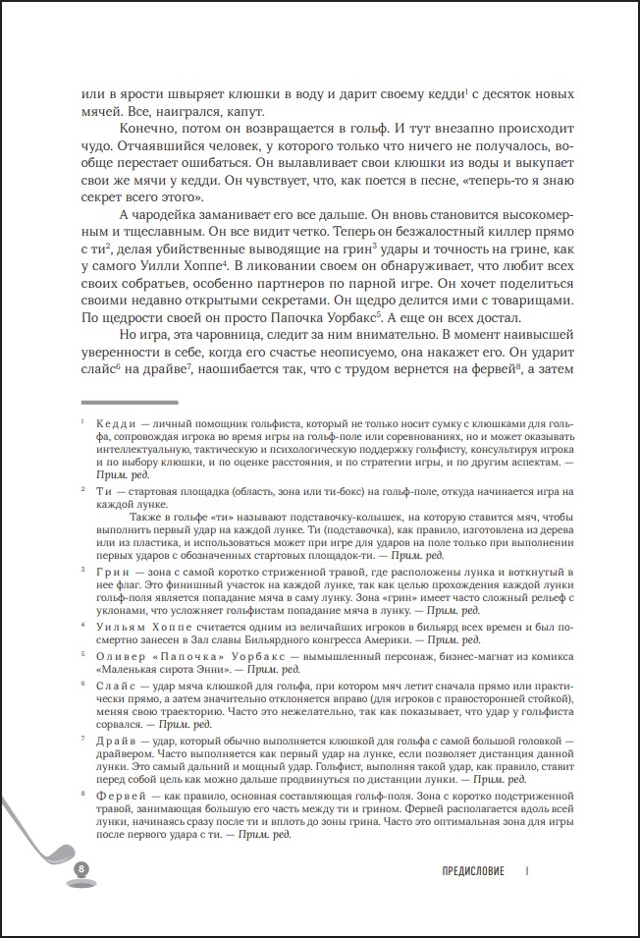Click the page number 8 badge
point(81,869)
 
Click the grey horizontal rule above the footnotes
point(129,402)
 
